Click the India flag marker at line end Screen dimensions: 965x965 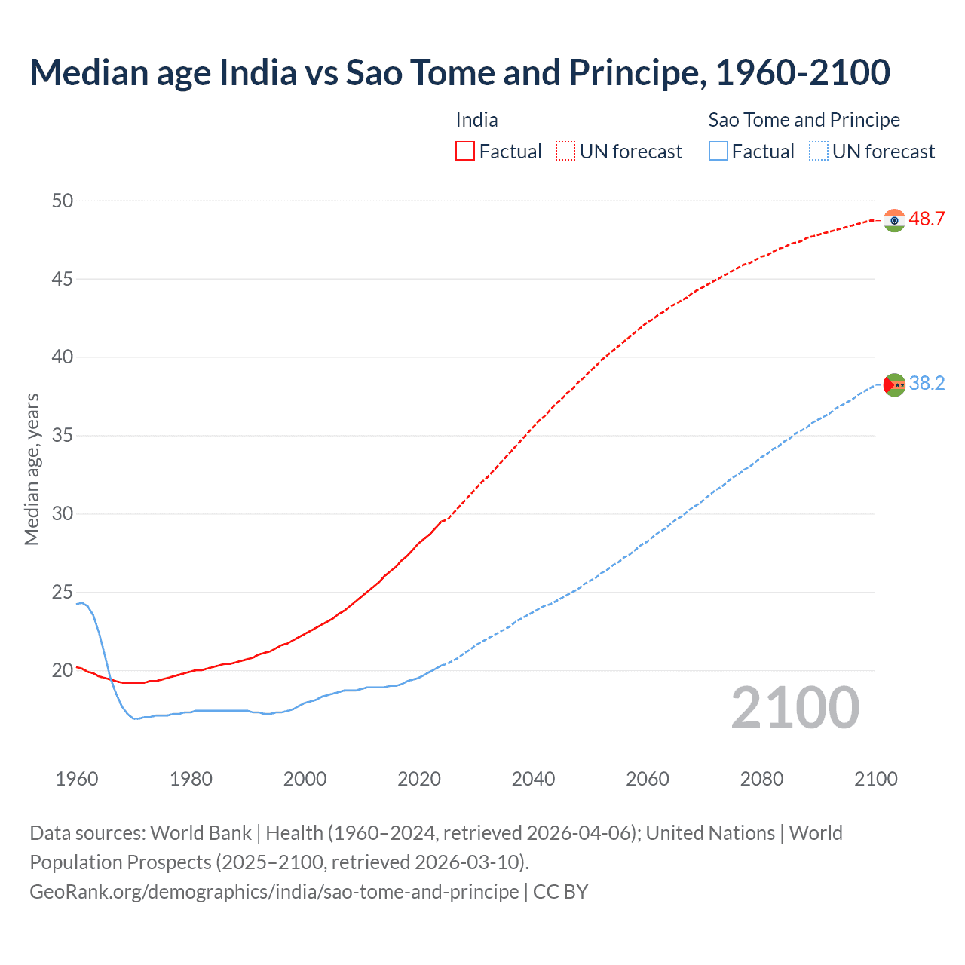point(894,220)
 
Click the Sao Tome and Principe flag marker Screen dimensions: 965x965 point(894,384)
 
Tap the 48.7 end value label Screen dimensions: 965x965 point(927,219)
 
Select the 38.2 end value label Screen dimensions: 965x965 point(927,384)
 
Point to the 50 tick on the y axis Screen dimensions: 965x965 point(63,201)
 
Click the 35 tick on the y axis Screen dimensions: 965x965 point(63,436)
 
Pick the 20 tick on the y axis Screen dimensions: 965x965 point(63,670)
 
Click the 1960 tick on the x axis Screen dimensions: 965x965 point(77,779)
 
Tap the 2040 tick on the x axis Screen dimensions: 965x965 point(533,779)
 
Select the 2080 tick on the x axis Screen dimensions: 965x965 point(761,779)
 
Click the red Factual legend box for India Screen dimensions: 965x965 point(465,152)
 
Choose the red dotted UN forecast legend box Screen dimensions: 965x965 point(565,152)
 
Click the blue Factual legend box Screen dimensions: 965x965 point(718,152)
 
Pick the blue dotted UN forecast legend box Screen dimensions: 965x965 point(818,152)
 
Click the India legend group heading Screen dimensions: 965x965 point(476,120)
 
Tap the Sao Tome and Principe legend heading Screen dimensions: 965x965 point(804,120)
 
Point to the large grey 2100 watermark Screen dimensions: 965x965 point(795,708)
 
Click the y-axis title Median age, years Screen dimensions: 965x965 point(32,469)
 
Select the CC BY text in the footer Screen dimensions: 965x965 point(560,892)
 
